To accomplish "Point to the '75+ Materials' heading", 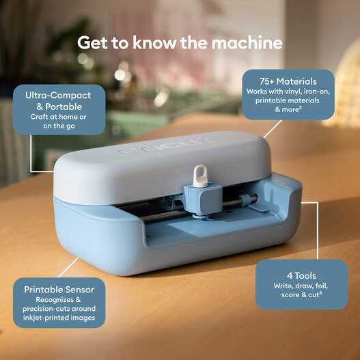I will pos(288,80).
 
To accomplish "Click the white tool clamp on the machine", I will pos(199,176).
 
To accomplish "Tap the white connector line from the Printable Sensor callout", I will pos(72,267).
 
